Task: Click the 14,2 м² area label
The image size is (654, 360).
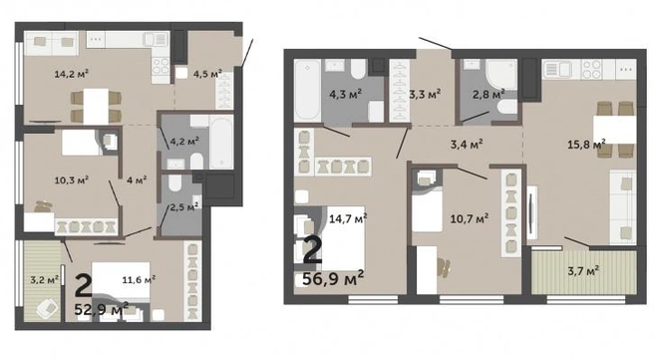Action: tap(72, 74)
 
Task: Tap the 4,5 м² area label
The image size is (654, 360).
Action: tap(207, 74)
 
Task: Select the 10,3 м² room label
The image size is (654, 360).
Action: tap(71, 180)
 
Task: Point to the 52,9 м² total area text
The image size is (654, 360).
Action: tap(102, 309)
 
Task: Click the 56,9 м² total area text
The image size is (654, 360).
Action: tap(333, 278)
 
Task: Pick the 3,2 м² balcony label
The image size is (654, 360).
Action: tap(44, 279)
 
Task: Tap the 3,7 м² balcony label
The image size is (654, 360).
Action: tap(583, 271)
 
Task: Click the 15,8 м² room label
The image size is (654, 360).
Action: tap(586, 145)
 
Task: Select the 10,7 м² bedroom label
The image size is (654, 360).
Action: tap(470, 218)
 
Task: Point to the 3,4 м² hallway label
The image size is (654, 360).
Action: tap(467, 145)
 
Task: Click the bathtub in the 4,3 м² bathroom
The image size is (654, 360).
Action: tap(307, 91)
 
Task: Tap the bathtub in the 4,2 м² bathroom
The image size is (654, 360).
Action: tap(221, 142)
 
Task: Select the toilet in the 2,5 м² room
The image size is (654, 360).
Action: tap(175, 182)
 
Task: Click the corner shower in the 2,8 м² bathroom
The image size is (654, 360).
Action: tap(501, 74)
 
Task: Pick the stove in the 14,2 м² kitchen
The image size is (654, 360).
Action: tap(161, 66)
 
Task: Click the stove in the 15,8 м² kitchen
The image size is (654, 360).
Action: tap(592, 70)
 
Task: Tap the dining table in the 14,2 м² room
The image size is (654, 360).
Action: tap(96, 107)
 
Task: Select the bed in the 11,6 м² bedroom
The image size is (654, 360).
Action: tap(121, 280)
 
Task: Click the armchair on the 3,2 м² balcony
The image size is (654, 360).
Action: tap(47, 308)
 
